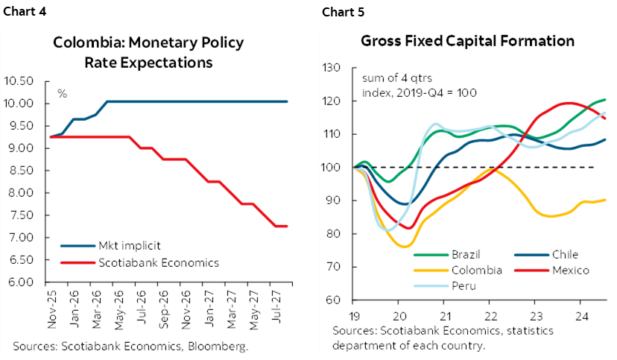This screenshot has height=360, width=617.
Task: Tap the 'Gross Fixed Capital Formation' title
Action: click(x=468, y=40)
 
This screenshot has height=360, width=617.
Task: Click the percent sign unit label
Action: click(x=63, y=94)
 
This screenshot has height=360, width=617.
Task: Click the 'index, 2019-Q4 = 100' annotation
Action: click(x=419, y=92)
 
